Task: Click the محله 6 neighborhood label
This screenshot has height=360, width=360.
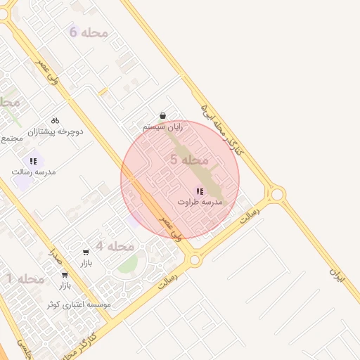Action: [89, 32]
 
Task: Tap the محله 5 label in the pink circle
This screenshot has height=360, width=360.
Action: [190, 160]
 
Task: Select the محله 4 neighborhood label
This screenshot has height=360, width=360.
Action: [115, 246]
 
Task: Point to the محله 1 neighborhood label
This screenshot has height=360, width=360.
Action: [26, 279]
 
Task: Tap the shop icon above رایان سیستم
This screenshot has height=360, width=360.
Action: [163, 116]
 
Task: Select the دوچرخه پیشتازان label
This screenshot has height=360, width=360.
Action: [56, 131]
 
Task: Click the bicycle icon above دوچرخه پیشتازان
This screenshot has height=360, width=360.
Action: [56, 120]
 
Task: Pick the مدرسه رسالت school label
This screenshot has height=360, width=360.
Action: [33, 172]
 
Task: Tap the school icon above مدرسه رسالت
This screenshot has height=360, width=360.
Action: [33, 161]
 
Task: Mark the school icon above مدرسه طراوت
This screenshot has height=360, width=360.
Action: [200, 191]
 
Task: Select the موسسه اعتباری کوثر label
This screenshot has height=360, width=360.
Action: [78, 305]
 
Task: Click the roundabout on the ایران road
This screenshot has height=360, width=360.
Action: [277, 193]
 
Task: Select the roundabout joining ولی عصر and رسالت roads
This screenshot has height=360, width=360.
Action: [195, 259]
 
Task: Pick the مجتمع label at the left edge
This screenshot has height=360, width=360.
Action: [12, 139]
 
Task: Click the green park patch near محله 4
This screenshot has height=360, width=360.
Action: [127, 265]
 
